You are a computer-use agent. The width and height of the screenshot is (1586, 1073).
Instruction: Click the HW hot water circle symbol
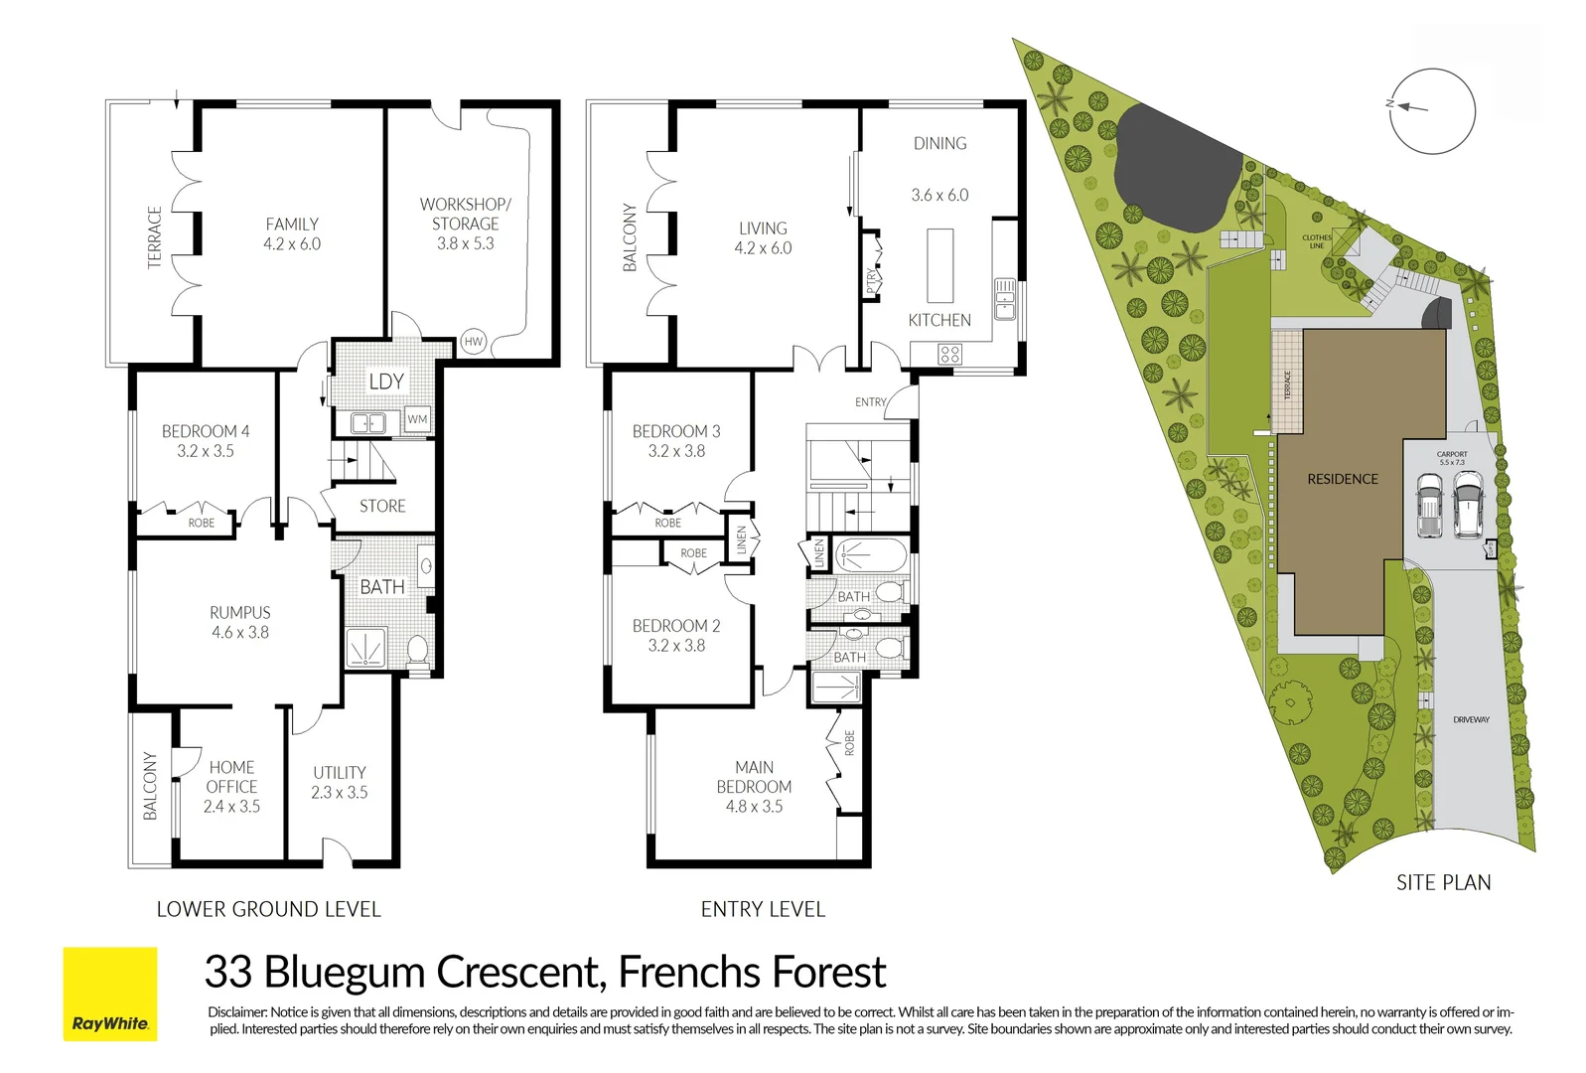pyautogui.click(x=473, y=342)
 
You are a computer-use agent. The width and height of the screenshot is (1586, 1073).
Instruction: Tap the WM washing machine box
pyautogui.click(x=417, y=419)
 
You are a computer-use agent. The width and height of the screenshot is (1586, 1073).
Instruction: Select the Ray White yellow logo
pyautogui.click(x=110, y=994)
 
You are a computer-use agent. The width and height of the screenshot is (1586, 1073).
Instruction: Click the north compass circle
pyautogui.click(x=1432, y=110)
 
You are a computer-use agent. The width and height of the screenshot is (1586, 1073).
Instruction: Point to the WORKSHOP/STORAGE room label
pyautogui.click(x=465, y=214)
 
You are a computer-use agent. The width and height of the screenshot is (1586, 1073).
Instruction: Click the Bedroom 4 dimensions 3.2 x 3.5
pyautogui.click(x=206, y=451)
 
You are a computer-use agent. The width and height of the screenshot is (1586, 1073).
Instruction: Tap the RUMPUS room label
pyautogui.click(x=239, y=613)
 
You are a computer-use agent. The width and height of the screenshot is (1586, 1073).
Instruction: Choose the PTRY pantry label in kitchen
pyautogui.click(x=871, y=281)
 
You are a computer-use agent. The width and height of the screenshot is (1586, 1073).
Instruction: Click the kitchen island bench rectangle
pyautogui.click(x=939, y=264)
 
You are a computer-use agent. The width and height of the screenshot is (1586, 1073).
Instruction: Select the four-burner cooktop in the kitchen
pyautogui.click(x=949, y=354)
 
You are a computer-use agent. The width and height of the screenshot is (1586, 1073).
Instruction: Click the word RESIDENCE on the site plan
pyautogui.click(x=1342, y=479)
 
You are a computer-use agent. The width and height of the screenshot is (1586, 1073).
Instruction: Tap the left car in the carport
pyautogui.click(x=1428, y=506)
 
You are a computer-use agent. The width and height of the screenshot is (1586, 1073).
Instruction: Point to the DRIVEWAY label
pyautogui.click(x=1470, y=719)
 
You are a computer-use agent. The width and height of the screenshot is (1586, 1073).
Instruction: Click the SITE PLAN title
pyautogui.click(x=1443, y=882)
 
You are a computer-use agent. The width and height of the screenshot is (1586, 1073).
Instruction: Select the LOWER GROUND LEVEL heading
pyautogui.click(x=268, y=909)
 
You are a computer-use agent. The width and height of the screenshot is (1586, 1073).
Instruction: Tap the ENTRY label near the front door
pyautogui.click(x=870, y=402)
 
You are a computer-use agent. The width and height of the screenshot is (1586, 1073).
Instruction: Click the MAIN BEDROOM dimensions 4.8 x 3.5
pyautogui.click(x=754, y=807)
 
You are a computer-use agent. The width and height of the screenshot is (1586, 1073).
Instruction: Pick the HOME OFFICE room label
pyautogui.click(x=231, y=777)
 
